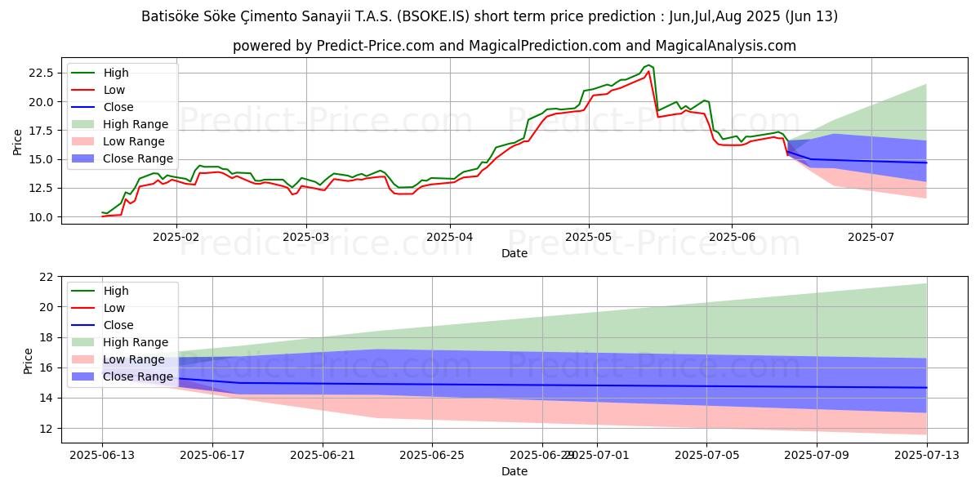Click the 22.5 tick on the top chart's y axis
point(40,73)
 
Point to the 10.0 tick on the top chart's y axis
point(40,216)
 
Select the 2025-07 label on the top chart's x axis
point(871,235)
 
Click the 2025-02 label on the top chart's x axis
point(176,235)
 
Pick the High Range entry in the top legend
point(136,124)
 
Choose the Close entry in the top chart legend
point(118,107)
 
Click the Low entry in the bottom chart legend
point(114,308)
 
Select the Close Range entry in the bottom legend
point(139,376)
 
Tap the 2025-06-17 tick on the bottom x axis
point(212,455)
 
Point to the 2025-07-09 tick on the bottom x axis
point(817,455)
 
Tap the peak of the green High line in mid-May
point(648,65)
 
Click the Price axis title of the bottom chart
point(29,360)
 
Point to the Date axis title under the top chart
point(514,253)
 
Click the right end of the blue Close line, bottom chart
point(927,387)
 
